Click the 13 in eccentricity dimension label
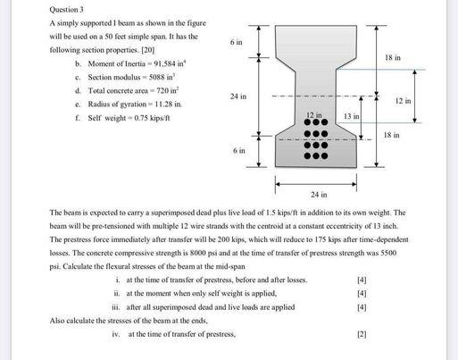click(x=350, y=117)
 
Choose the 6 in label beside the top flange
click(x=236, y=42)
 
